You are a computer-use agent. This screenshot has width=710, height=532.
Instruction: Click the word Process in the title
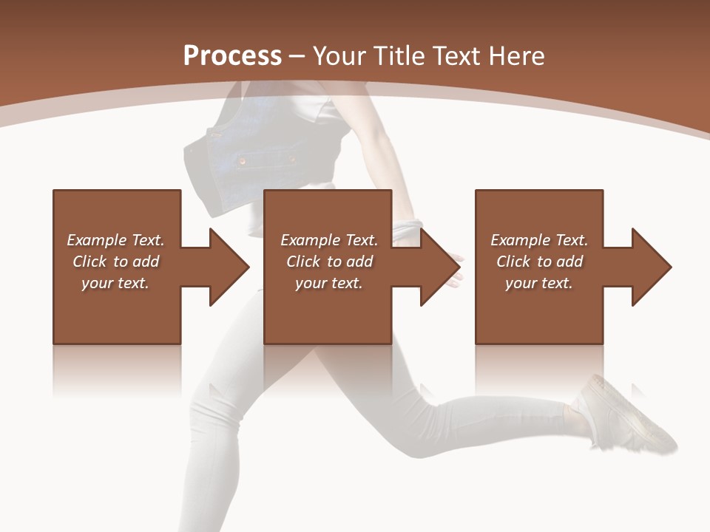pos(232,56)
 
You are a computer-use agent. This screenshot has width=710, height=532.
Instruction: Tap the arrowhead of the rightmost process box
pos(650,267)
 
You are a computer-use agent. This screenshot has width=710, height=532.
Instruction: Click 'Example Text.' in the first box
pos(115,240)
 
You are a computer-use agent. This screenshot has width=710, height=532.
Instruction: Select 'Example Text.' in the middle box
pos(329,240)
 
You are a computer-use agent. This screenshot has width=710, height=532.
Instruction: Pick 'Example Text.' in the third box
pos(539,240)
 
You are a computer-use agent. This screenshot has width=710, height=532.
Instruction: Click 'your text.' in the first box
pos(115,283)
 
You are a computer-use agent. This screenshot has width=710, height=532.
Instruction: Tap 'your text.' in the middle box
pos(329,283)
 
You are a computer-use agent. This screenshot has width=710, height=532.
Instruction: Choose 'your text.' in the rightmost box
pos(539,283)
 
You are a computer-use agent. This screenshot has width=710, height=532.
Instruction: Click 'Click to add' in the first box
pos(115,262)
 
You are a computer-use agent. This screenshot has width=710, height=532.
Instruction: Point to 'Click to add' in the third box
pos(539,262)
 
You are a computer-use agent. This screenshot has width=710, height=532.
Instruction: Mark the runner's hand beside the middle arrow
pos(453,270)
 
